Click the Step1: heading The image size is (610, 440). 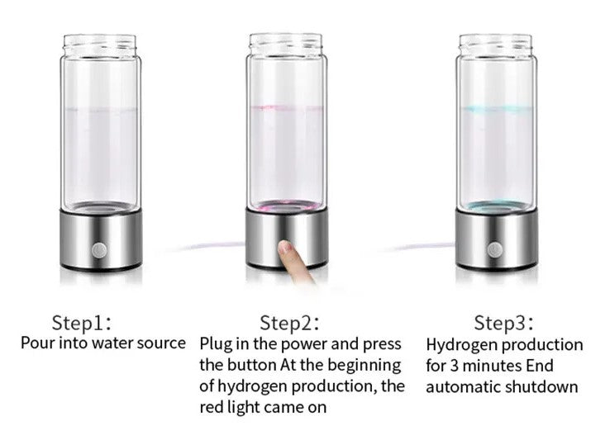click(82, 323)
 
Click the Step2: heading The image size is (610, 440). click(289, 323)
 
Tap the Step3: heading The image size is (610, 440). click(504, 323)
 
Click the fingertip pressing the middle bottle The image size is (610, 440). click(288, 248)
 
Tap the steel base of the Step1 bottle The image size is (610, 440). click(101, 239)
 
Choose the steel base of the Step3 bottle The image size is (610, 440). click(497, 239)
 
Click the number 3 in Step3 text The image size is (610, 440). click(454, 367)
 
